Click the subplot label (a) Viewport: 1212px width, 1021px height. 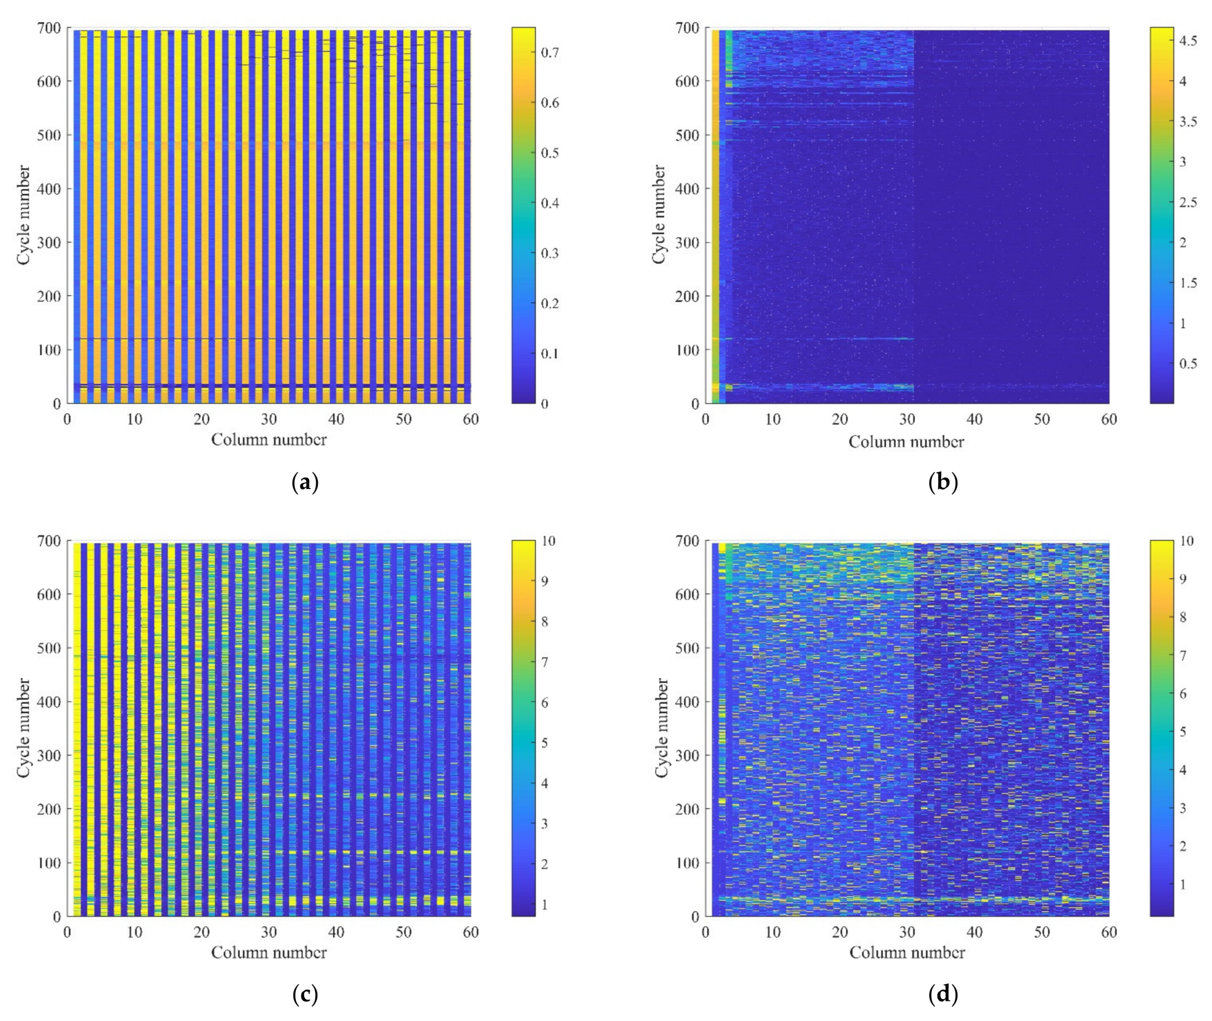coord(306,482)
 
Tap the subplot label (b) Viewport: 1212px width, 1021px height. coord(943,482)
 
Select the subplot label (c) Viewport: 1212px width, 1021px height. coord(306,995)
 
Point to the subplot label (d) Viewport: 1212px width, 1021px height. coord(943,995)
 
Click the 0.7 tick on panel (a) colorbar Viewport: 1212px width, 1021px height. coord(550,53)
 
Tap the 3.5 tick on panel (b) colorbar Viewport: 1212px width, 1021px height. coord(1188,122)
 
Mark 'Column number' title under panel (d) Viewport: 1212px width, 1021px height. coord(906,953)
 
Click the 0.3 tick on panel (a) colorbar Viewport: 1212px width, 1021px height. coord(550,253)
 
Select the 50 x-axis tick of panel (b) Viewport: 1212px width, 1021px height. coord(1041,419)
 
